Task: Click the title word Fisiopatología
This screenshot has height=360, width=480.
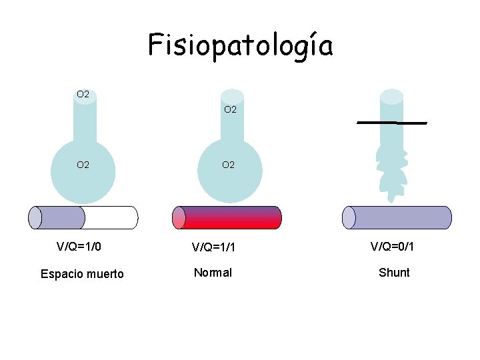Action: point(240,45)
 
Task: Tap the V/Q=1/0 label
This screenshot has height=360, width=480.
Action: point(79,247)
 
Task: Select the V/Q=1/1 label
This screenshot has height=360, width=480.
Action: point(213,248)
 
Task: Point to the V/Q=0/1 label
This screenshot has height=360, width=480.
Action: point(393,247)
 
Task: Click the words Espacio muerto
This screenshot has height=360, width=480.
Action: point(82,274)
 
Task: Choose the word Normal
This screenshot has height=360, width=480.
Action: point(213,273)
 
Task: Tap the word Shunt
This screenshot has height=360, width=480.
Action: point(394,273)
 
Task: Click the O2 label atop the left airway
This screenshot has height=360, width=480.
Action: point(83,95)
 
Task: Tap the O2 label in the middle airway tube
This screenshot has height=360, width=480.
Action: point(230,109)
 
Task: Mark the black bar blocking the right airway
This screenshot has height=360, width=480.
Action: point(392,123)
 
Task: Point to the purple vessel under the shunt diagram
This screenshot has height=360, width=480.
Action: point(397,217)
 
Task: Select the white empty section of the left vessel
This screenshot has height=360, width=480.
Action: point(111,217)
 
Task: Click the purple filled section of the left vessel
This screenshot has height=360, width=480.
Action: point(60,217)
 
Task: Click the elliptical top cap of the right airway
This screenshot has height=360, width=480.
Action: point(391,96)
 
